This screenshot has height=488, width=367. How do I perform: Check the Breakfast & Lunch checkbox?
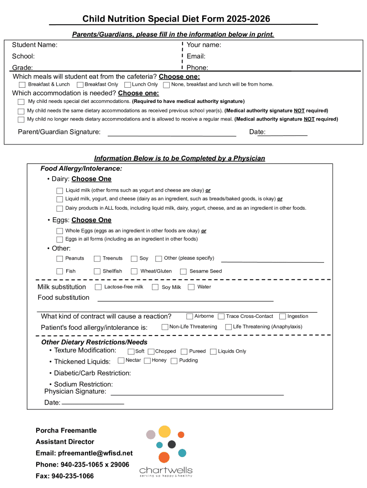[22, 85]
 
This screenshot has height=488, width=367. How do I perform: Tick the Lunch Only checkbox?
[127, 85]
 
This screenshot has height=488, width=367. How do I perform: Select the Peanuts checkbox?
[60, 259]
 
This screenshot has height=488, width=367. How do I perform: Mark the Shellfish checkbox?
[98, 272]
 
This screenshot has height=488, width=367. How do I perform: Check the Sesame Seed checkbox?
[183, 272]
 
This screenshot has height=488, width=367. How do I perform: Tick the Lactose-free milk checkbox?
[98, 287]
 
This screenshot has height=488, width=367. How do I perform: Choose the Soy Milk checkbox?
[155, 287]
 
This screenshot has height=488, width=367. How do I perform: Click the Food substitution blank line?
[185, 300]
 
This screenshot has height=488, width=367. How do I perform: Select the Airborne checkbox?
[190, 316]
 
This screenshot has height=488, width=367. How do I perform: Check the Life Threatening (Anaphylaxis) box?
[228, 327]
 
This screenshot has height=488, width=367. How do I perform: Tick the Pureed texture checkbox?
[184, 351]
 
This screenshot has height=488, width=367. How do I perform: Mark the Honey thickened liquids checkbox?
[147, 361]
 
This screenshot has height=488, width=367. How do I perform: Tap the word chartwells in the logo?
[166, 469]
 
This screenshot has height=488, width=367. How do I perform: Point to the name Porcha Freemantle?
[66, 430]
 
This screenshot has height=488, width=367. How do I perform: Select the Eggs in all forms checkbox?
[60, 239]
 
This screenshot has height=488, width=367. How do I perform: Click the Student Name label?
[35, 45]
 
